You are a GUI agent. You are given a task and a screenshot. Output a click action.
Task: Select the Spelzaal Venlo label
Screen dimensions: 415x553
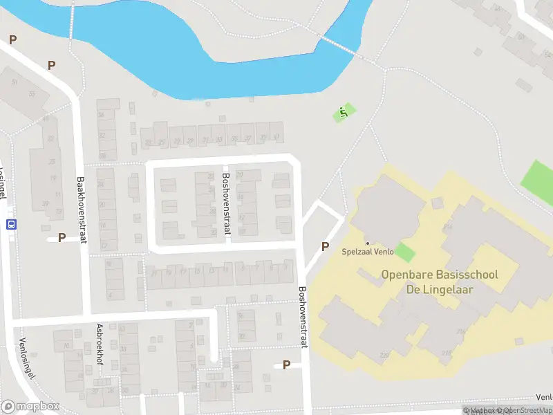(368, 252)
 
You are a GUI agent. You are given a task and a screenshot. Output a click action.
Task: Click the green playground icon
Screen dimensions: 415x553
(343, 113)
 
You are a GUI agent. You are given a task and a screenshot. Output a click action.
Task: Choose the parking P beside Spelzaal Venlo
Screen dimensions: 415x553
(325, 246)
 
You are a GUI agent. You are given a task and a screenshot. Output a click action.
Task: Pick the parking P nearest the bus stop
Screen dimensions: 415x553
(62, 238)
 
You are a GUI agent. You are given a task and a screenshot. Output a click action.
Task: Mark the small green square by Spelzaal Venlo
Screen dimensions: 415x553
(405, 252)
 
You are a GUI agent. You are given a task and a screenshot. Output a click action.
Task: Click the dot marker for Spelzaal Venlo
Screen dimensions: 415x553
(368, 243)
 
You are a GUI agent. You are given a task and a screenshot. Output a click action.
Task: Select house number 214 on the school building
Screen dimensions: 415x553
(448, 226)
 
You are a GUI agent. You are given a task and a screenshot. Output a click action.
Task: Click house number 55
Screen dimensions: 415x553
(32, 93)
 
